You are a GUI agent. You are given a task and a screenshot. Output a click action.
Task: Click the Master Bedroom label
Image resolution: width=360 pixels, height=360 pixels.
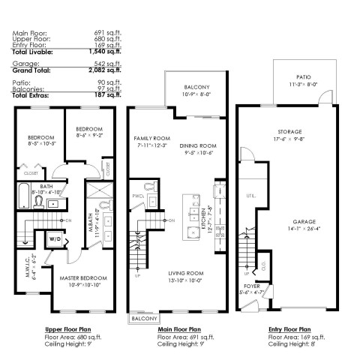[x=85, y=279]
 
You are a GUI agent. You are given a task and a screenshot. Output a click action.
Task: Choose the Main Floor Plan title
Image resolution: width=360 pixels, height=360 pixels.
[x=178, y=328]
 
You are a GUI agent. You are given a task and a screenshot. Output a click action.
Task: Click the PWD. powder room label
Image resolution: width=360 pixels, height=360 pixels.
[x=138, y=195]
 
